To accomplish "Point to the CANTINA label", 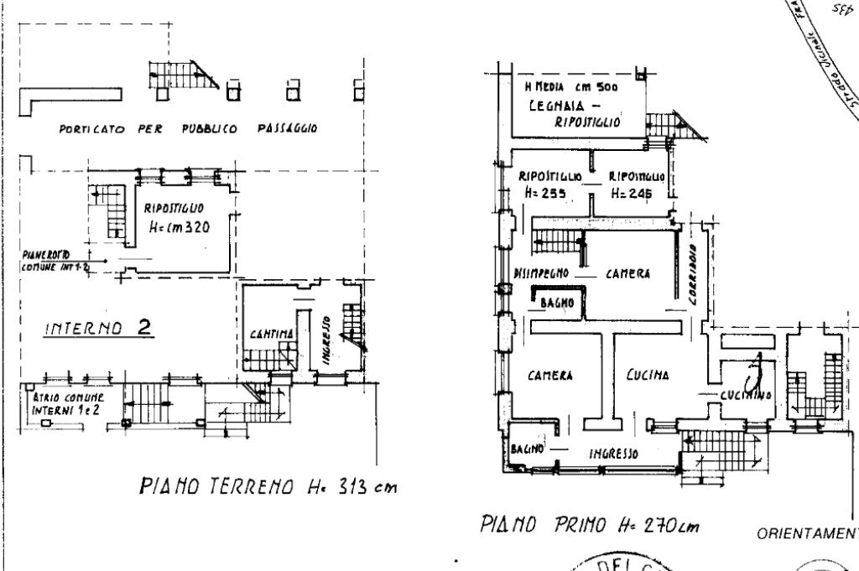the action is (269, 335).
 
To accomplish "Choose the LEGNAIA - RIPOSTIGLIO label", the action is (575, 114).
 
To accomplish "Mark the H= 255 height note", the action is (544, 192).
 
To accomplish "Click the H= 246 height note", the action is (632, 192).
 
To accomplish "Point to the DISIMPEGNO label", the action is (541, 273).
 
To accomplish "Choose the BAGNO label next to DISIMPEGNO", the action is (555, 302).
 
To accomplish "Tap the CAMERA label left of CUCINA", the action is (549, 376).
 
